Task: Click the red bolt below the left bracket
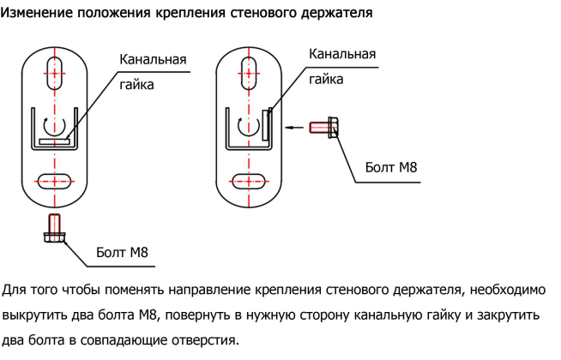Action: point(54,228)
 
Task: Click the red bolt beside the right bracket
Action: point(323,127)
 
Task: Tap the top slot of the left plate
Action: point(54,74)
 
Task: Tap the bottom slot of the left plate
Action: point(54,181)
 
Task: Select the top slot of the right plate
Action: point(249,74)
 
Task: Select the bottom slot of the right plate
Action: point(249,181)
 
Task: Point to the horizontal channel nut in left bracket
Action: point(54,141)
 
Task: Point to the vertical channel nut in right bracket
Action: point(265,125)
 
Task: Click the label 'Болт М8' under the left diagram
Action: point(122,252)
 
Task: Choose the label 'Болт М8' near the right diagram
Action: point(391,167)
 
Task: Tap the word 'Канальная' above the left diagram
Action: point(153,59)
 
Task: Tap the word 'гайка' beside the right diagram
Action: point(326,80)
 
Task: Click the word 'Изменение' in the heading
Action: point(37,13)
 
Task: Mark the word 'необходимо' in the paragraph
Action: point(508,290)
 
